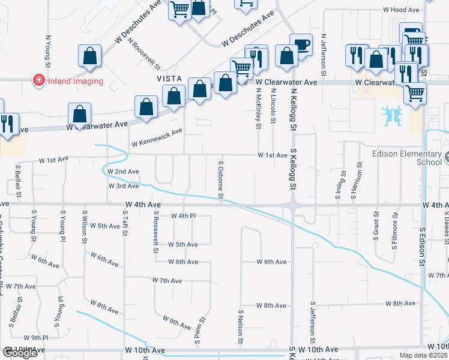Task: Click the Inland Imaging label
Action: [76, 81]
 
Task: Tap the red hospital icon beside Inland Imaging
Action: [38, 80]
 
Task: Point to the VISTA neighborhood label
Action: [169, 79]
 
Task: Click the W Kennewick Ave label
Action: [157, 138]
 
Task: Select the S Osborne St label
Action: [220, 179]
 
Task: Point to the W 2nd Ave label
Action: [123, 172]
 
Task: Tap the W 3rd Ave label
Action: [124, 186]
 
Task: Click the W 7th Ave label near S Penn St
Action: [167, 280]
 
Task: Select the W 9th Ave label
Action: [176, 323]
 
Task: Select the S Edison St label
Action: [423, 247]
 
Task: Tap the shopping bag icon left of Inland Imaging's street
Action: [89, 56]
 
